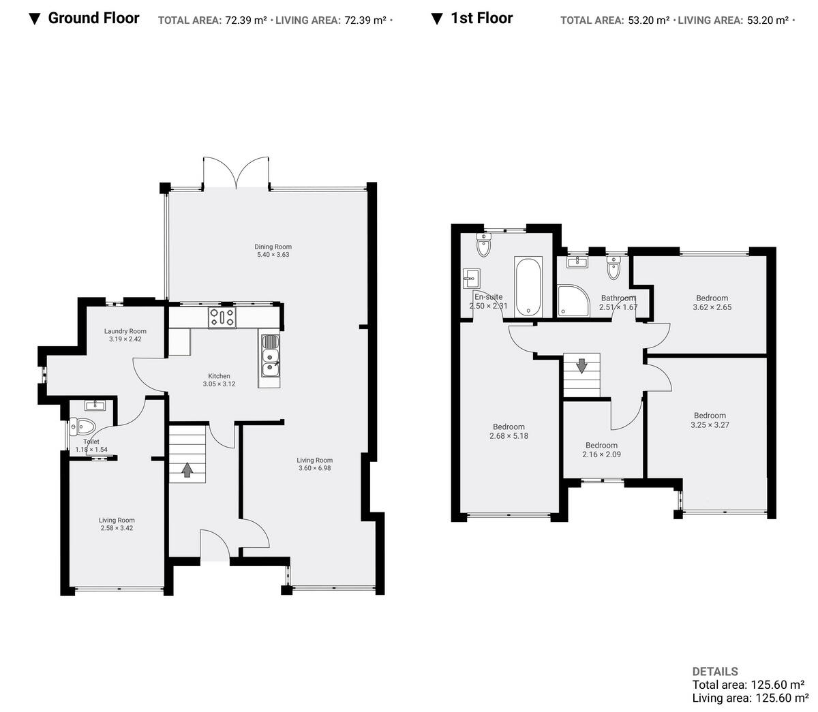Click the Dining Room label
(273, 247)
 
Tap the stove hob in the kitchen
(222, 318)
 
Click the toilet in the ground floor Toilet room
(82, 427)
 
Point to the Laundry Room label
(125, 331)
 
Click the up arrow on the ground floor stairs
(187, 469)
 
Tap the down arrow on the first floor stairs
(581, 366)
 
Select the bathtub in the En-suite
(528, 287)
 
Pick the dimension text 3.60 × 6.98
(314, 468)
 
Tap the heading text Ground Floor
(93, 18)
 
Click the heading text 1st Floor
(481, 18)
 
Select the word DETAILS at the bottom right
(714, 671)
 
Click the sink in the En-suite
(470, 277)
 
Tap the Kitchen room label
(219, 376)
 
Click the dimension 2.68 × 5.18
(509, 436)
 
